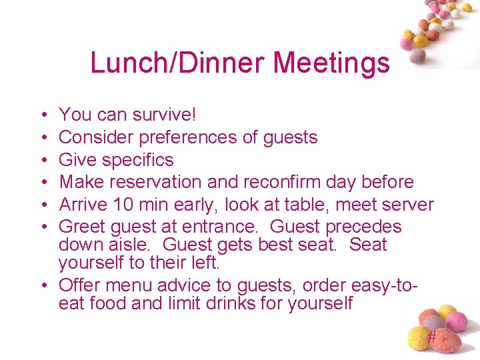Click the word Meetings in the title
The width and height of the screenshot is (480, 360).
(x=331, y=63)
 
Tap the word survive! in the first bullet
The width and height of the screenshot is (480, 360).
(x=164, y=115)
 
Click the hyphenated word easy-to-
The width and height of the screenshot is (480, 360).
(x=379, y=285)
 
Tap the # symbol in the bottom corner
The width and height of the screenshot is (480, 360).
(x=432, y=337)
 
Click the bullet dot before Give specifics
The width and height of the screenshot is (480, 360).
(x=43, y=160)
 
